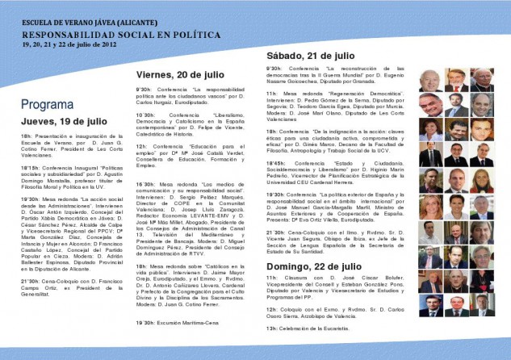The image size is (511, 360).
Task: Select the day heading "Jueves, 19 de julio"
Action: (64, 120)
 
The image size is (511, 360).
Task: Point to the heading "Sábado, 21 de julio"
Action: (310, 55)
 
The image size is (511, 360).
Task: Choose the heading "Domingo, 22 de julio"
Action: (314, 265)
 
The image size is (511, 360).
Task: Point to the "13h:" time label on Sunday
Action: (272, 329)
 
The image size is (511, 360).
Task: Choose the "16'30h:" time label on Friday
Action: (146, 184)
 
